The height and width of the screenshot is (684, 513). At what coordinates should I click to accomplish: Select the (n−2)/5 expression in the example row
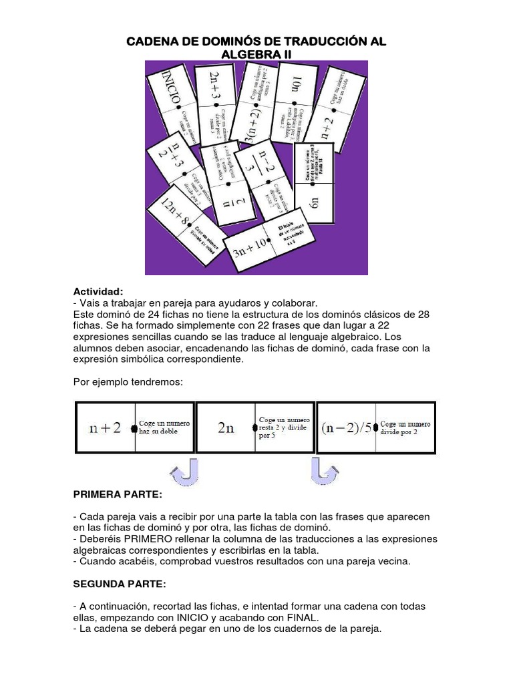[x=345, y=427]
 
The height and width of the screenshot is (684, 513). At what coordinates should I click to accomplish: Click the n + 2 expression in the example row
[x=106, y=427]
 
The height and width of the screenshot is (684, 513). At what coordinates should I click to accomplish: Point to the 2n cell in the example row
[x=226, y=427]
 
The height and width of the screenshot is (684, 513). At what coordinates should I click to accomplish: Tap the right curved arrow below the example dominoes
[x=325, y=472]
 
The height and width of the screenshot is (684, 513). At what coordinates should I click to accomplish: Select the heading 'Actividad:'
[x=98, y=292]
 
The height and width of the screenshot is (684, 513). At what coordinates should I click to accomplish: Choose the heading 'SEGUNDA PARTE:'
[x=119, y=584]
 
